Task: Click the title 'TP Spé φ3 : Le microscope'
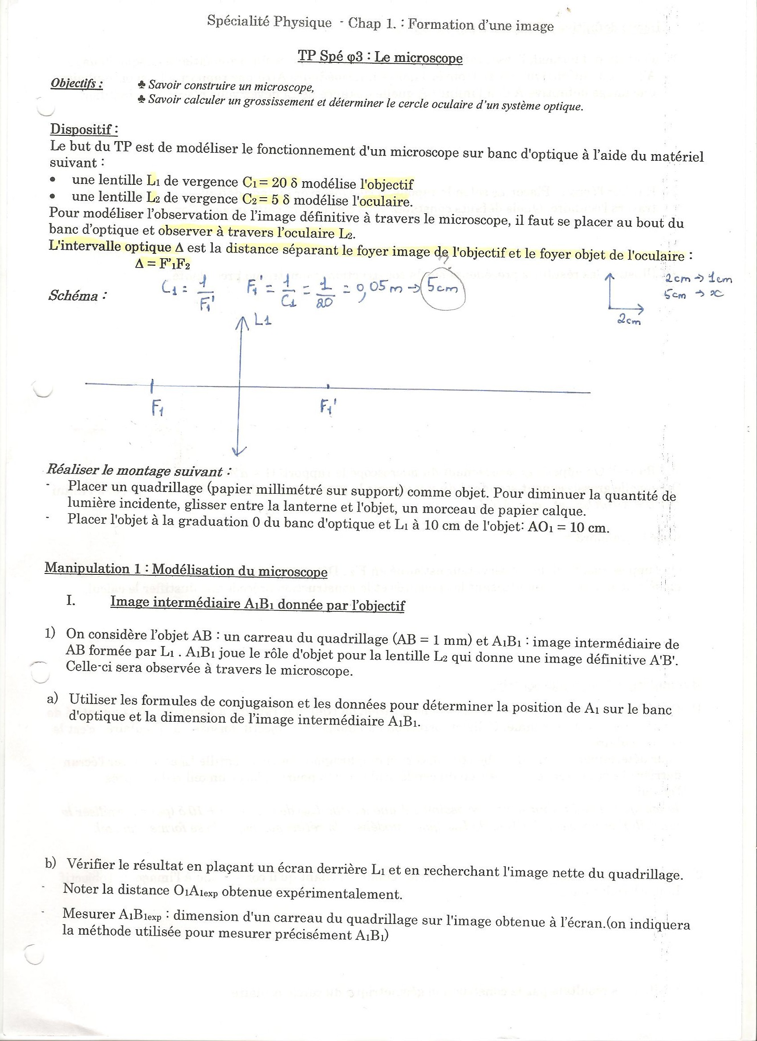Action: coord(380,57)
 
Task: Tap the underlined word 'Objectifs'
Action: coord(76,84)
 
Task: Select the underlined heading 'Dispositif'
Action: coord(84,129)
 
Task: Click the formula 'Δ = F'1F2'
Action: coord(163,264)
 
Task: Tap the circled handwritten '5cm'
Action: coord(444,289)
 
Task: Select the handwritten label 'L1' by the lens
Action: coord(262,321)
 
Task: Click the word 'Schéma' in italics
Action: coord(73,296)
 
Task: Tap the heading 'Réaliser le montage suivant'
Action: coord(138,471)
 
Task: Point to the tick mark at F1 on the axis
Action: coord(152,386)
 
